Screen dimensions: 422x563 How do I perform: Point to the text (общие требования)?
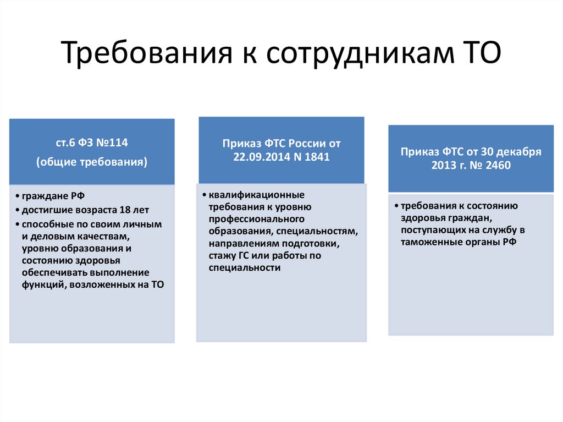(x=92, y=162)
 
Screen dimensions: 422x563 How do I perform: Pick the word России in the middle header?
(x=303, y=143)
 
